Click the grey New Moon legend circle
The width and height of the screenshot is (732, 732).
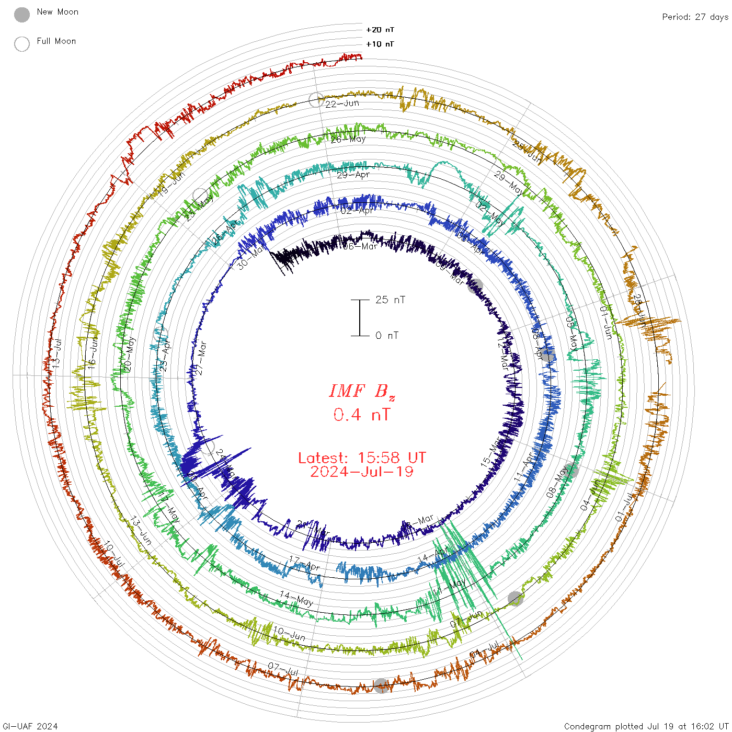(22, 15)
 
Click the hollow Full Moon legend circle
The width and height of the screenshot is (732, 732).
(22, 44)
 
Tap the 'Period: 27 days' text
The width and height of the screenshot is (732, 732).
(695, 17)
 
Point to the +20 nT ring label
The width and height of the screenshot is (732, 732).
(380, 30)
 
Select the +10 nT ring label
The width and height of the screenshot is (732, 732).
(380, 44)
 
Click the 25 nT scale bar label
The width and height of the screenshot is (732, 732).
(390, 300)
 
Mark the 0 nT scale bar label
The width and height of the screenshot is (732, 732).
(387, 335)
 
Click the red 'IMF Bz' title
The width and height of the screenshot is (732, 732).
(362, 391)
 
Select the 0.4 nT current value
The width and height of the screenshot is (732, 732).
(362, 415)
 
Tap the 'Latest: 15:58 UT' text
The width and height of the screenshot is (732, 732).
(362, 458)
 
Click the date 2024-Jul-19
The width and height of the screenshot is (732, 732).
(362, 472)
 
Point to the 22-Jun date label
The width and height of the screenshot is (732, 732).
(342, 104)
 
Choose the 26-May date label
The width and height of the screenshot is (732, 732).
(348, 139)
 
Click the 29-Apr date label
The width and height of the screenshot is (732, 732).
(353, 175)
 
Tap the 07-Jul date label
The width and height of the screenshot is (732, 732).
(283, 668)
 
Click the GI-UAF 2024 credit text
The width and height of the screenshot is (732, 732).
(30, 726)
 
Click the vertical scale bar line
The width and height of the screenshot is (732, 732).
(360, 318)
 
